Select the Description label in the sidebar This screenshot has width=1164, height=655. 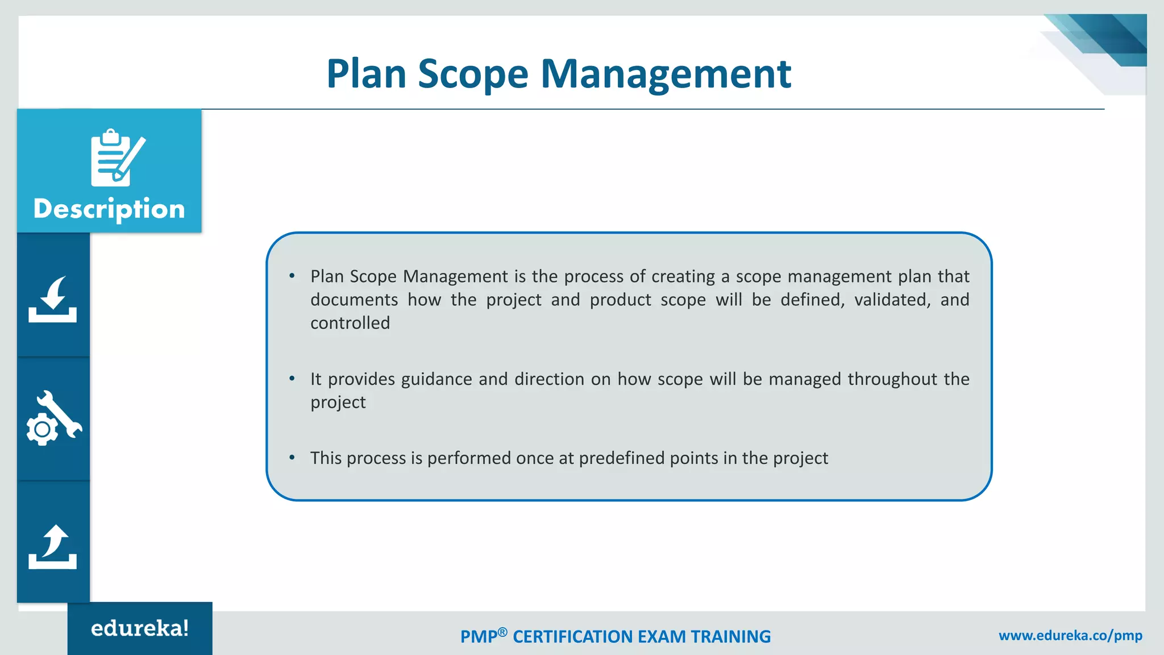click(109, 209)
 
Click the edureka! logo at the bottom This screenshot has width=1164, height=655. click(140, 628)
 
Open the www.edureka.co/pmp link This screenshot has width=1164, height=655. click(1070, 635)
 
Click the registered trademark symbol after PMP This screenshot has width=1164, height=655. click(502, 632)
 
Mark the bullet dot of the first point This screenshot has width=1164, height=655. click(292, 276)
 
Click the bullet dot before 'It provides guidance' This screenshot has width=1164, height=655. click(292, 379)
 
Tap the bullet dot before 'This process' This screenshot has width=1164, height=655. click(292, 458)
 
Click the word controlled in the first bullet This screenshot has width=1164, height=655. click(350, 323)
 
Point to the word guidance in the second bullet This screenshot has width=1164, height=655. click(436, 379)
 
